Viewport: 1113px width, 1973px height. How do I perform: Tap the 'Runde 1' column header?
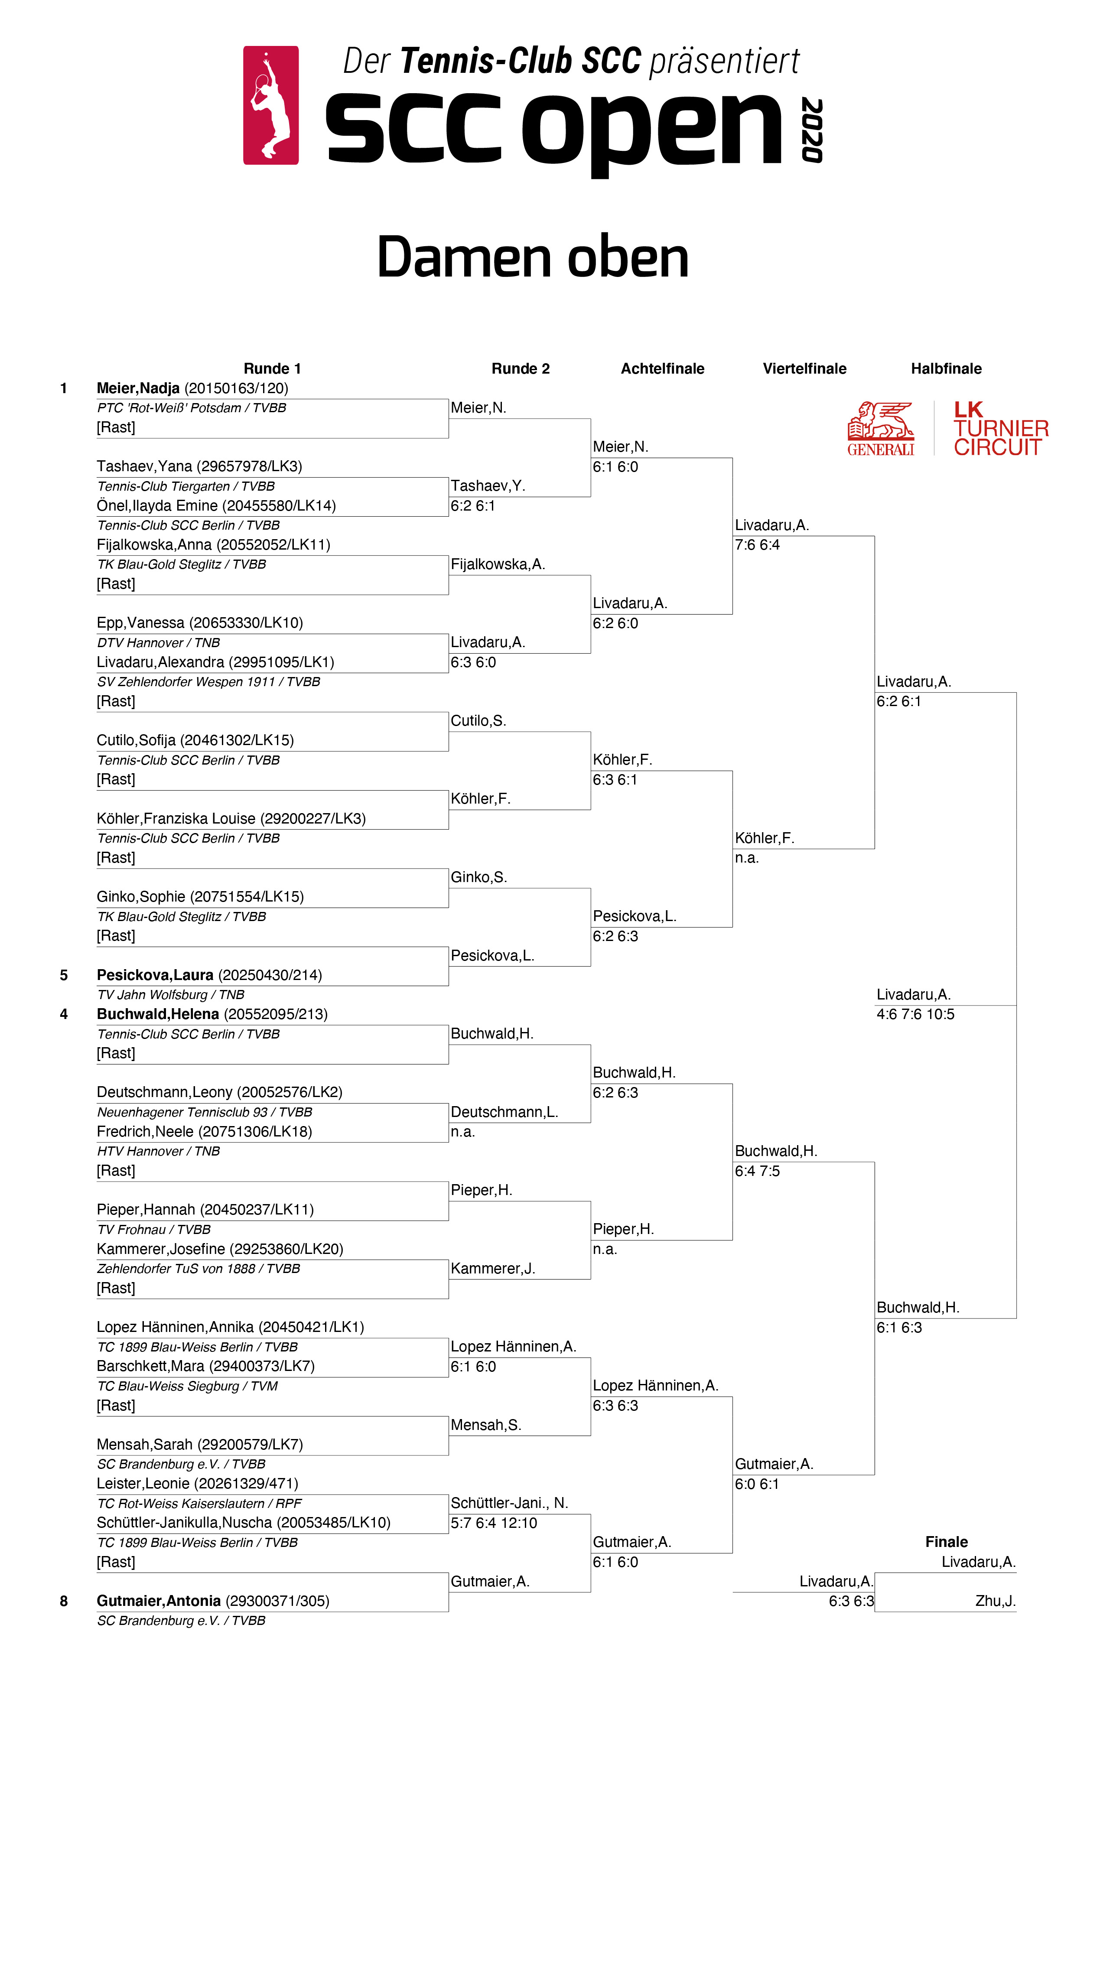(x=272, y=368)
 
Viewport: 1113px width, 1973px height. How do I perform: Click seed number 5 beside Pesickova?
(x=64, y=975)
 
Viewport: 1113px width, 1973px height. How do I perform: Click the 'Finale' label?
(x=946, y=1542)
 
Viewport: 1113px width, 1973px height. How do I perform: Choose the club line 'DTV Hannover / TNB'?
(x=159, y=643)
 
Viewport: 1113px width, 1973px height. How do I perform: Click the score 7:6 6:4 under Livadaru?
(x=757, y=544)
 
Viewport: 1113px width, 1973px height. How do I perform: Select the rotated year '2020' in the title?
(x=812, y=130)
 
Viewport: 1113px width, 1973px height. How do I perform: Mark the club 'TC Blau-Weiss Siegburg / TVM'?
(x=187, y=1386)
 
